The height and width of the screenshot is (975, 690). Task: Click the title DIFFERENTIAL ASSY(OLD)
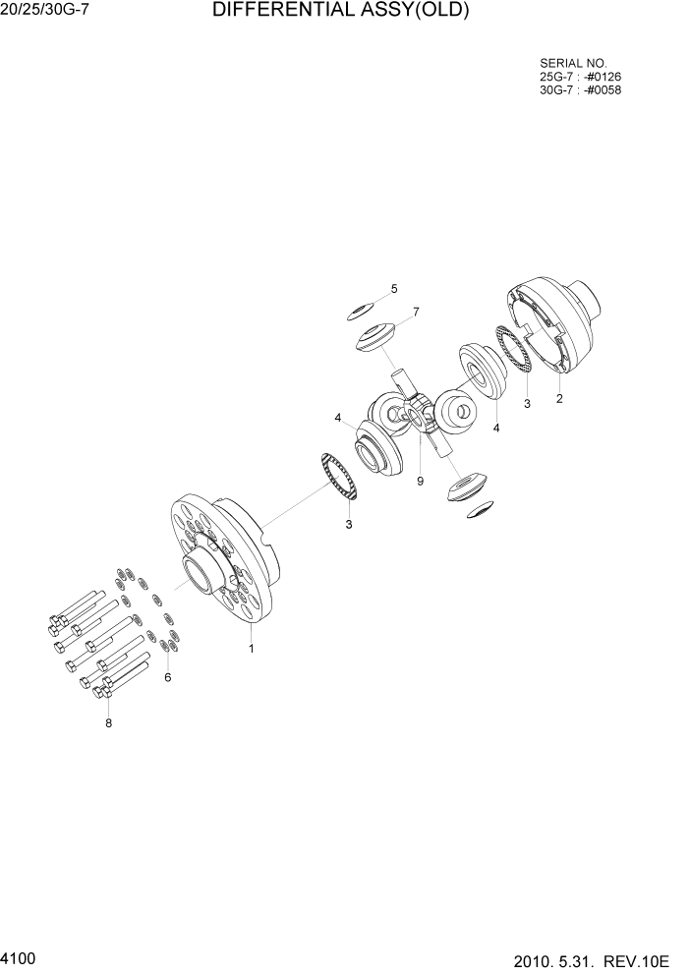341,12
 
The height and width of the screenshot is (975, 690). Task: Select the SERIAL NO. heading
574,63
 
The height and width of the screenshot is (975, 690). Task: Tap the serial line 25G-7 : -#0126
580,77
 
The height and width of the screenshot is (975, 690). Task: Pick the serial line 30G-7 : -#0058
580,90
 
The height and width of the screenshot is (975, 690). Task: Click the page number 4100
20,956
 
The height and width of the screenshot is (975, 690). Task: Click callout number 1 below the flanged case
252,649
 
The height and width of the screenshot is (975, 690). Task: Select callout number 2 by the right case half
559,399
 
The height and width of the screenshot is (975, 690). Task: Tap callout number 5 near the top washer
394,289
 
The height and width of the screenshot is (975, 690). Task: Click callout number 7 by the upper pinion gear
416,312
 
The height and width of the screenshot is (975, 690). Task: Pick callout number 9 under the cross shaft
420,481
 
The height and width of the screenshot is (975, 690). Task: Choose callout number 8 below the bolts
109,723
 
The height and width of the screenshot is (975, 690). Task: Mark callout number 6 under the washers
167,677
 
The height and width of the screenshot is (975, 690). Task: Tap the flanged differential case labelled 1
226,560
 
